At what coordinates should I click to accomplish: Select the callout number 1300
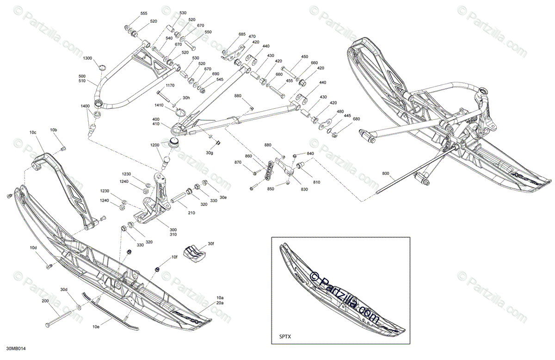(x=87, y=58)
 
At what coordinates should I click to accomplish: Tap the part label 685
(x=242, y=34)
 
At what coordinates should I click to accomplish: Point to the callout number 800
(x=386, y=174)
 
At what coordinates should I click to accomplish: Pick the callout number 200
(x=45, y=301)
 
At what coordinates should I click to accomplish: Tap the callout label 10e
(x=96, y=327)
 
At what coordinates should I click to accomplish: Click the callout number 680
(x=357, y=120)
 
